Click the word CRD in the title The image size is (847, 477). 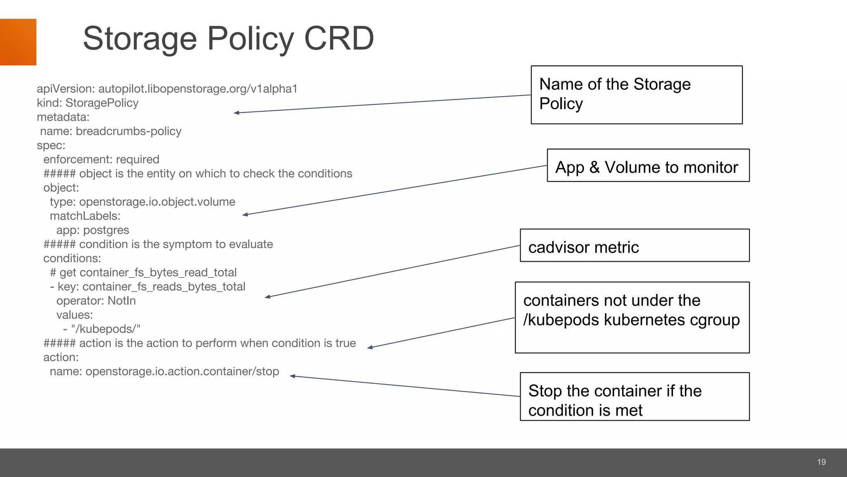339,39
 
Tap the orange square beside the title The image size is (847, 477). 18,42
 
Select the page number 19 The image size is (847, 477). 821,462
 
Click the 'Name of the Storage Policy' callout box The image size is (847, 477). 636,94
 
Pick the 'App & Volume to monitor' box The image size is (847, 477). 648,166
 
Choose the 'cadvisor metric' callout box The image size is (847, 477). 634,246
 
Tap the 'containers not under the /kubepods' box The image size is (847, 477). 632,317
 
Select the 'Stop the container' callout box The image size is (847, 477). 634,396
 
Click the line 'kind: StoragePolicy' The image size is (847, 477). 87,103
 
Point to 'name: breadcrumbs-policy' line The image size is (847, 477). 111,131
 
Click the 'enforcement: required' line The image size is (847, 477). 101,159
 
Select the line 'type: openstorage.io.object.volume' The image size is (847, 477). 142,202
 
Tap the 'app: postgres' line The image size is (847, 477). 93,230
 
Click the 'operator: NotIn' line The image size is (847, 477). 96,301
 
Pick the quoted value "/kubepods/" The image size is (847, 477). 105,329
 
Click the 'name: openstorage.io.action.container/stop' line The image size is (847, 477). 164,371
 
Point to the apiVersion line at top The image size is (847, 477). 167,89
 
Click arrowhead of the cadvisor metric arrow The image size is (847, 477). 267,297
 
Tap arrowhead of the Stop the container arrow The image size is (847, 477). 292,376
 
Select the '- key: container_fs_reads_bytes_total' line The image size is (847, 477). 148,287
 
